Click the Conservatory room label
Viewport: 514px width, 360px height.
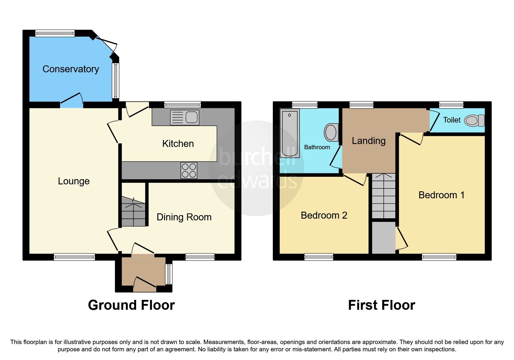click(x=71, y=69)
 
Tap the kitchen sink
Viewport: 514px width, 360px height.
click(x=185, y=117)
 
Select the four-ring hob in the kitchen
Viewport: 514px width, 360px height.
click(x=189, y=170)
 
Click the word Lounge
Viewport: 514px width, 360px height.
click(x=74, y=181)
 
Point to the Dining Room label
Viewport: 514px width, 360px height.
click(x=184, y=217)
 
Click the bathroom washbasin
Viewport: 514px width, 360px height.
click(x=331, y=132)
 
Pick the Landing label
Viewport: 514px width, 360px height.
click(x=369, y=141)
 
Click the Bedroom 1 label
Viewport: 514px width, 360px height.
click(x=441, y=195)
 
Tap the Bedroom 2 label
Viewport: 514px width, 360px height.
click(x=324, y=215)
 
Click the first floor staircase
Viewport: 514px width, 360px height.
click(x=384, y=196)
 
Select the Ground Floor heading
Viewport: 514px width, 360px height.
click(x=131, y=305)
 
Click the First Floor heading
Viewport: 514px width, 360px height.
click(x=381, y=305)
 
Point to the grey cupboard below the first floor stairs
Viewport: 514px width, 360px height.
click(x=384, y=237)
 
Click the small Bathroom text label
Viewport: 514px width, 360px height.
click(x=317, y=147)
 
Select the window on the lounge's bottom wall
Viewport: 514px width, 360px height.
click(x=74, y=257)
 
